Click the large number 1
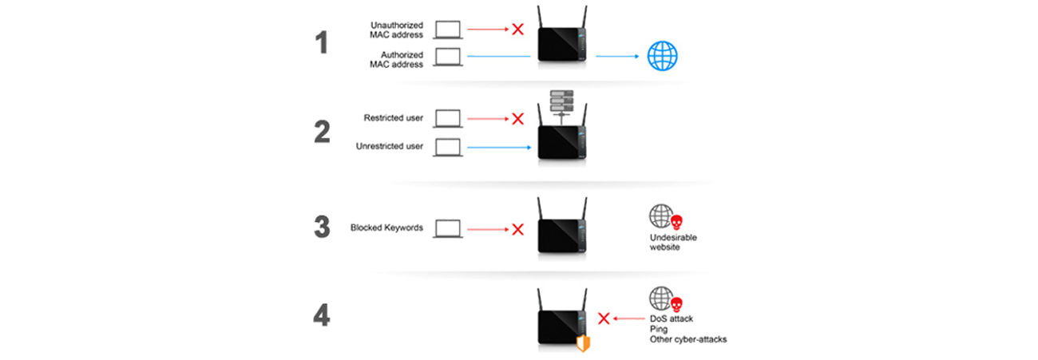322,42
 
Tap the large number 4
322,315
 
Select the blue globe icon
662,56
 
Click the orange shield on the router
583,343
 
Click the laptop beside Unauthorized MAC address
448,30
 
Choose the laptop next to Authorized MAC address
448,57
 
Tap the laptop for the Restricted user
448,118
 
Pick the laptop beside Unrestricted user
448,148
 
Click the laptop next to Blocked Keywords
448,228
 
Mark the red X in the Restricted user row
517,119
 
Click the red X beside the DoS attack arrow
604,318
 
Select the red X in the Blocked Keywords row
517,229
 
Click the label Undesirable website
673,243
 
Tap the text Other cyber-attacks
688,339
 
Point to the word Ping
659,329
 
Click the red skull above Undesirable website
676,223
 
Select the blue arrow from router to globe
617,56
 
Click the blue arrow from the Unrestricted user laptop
499,148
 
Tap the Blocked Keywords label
386,227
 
